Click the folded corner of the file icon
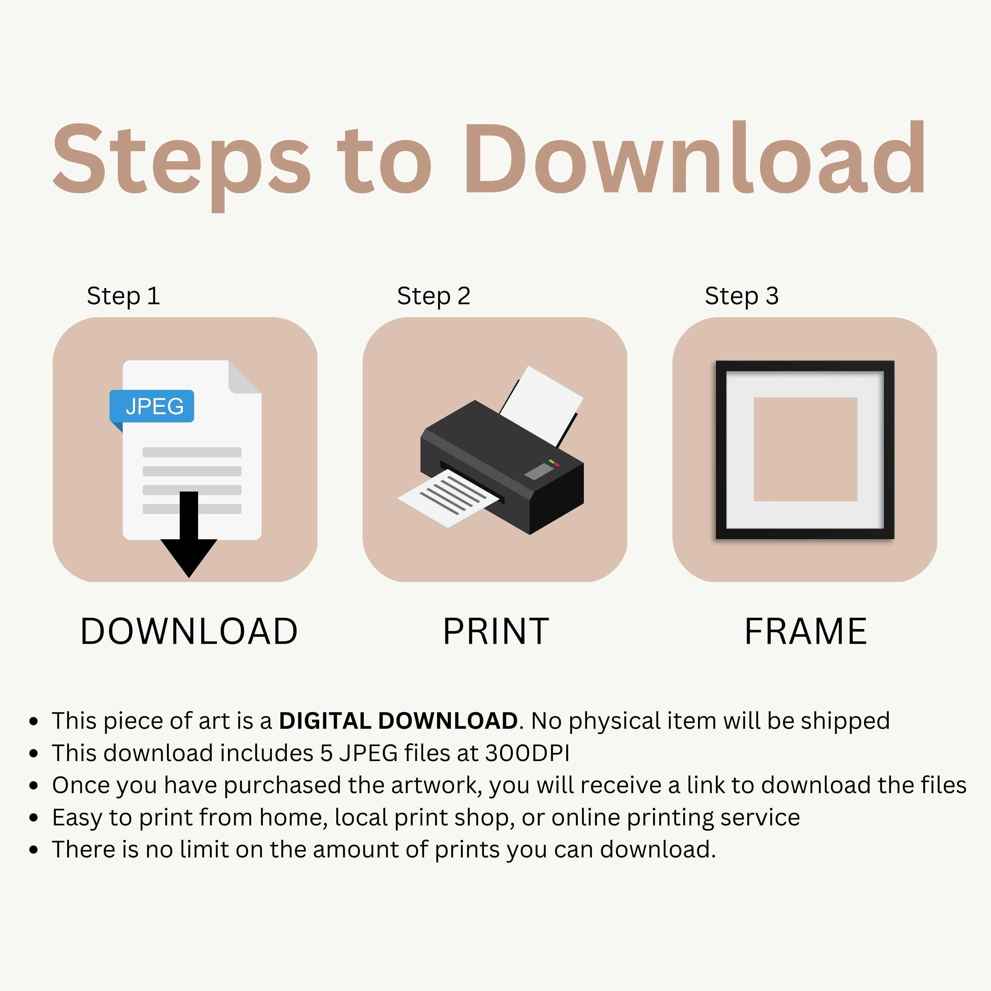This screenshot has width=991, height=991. pos(245,377)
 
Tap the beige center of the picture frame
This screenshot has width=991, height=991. pos(805,449)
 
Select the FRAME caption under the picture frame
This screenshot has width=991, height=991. pos(805,631)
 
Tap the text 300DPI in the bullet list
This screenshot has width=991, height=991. pos(527,753)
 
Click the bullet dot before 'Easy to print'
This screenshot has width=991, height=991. pos(34,817)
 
